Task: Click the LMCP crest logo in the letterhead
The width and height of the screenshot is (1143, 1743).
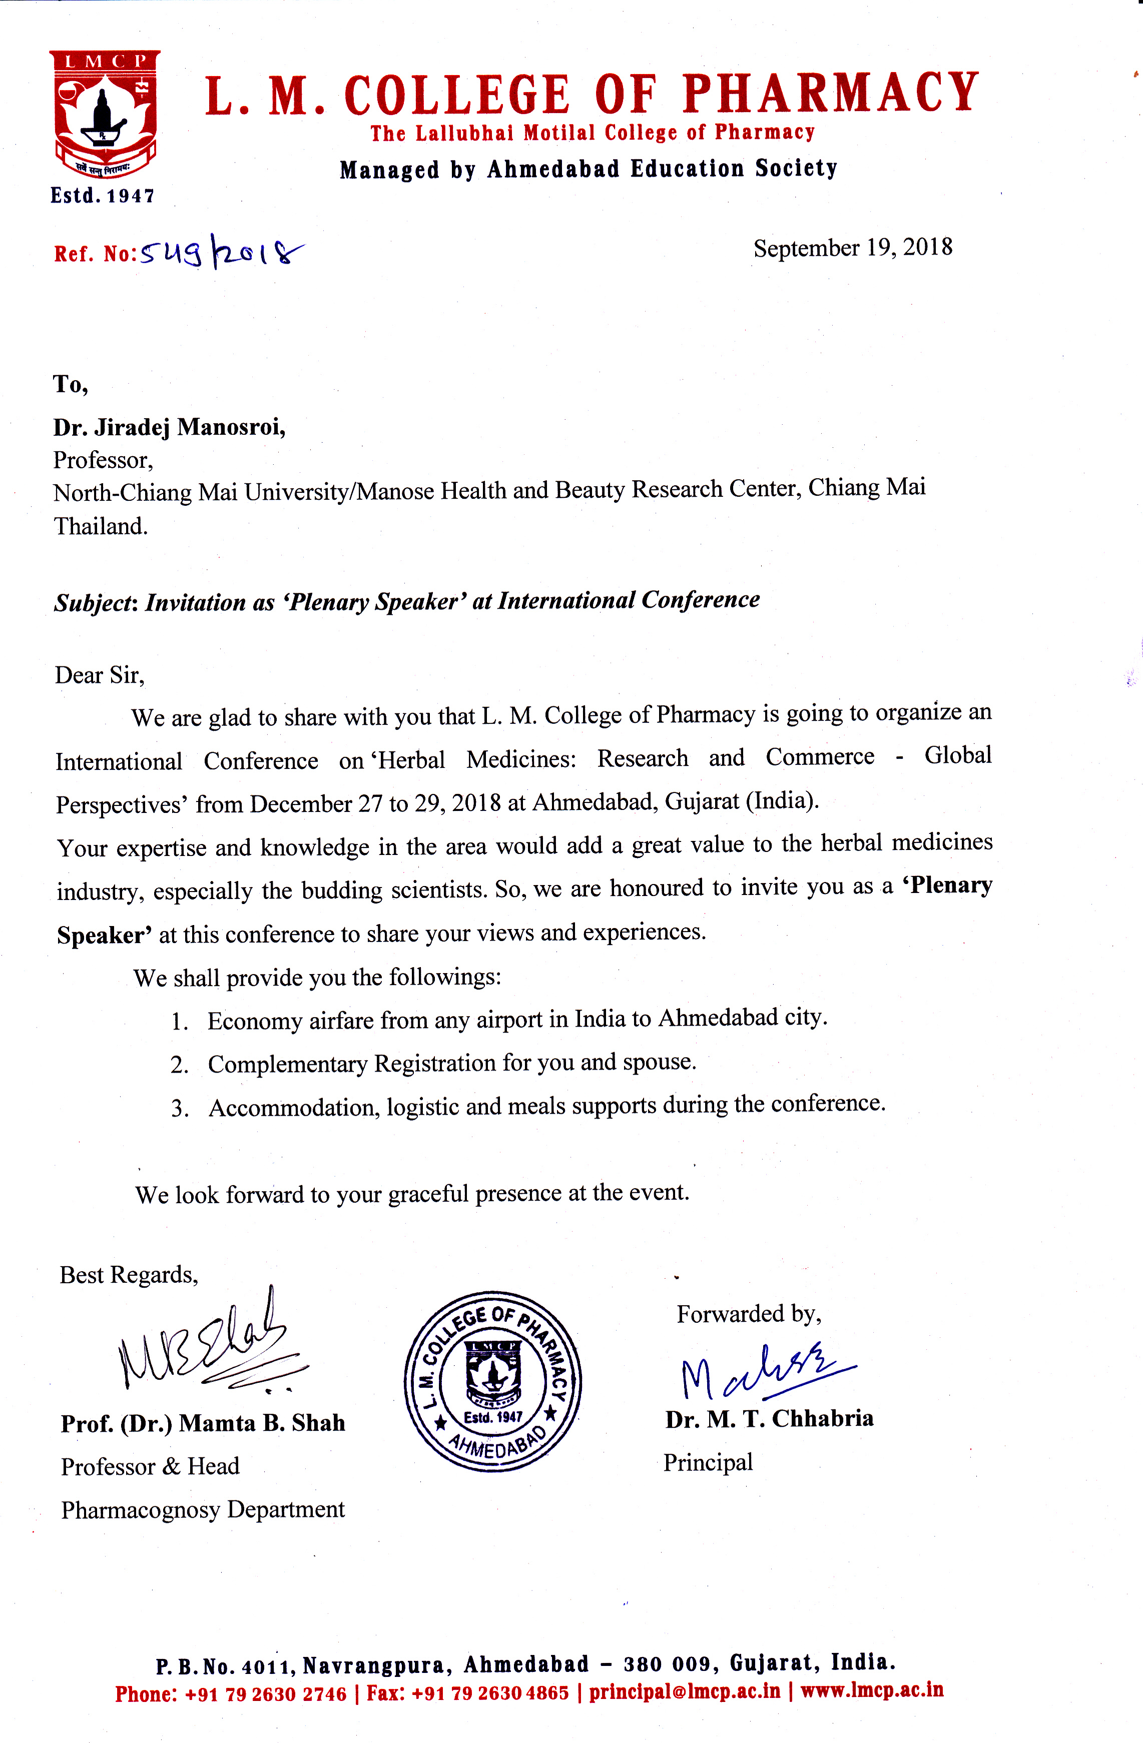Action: pos(104,114)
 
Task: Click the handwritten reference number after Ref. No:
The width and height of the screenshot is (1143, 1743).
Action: pos(220,253)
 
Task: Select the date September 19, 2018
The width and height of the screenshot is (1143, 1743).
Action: pos(853,248)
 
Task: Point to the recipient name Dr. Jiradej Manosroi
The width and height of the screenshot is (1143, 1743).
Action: pos(169,426)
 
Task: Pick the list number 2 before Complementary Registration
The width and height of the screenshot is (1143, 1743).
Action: pos(179,1065)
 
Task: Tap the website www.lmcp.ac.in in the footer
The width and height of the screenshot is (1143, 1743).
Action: pos(872,1690)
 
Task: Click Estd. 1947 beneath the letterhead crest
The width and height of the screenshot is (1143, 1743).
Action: pos(103,196)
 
